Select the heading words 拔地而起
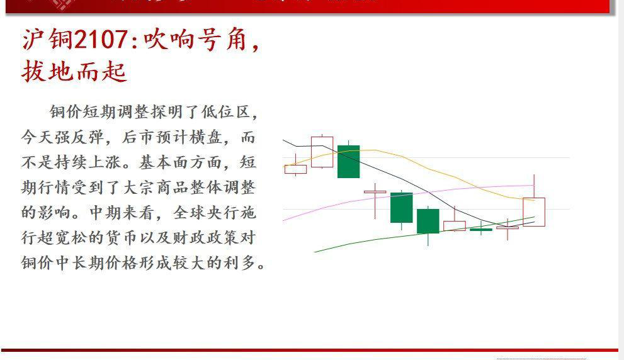pyautogui.click(x=74, y=71)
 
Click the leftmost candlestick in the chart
pyautogui.click(x=295, y=169)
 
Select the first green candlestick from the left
pyautogui.click(x=348, y=162)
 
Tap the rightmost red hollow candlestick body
pyautogui.click(x=533, y=212)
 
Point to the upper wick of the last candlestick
pyautogui.click(x=534, y=186)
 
